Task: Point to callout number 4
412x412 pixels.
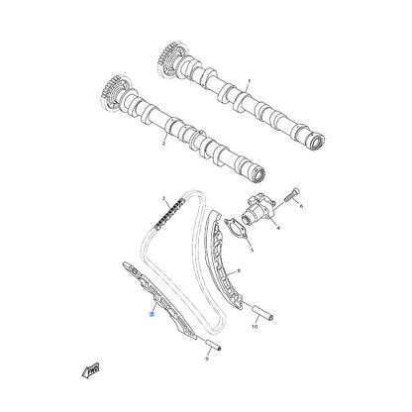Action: [x=278, y=227]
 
